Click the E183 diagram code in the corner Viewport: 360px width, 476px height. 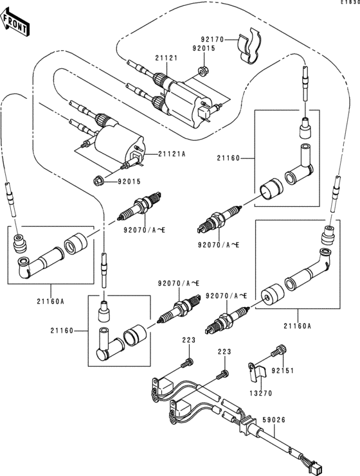pyautogui.click(x=350, y=3)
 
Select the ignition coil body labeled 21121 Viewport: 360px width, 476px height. pyautogui.click(x=186, y=100)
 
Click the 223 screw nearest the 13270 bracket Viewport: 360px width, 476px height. pyautogui.click(x=222, y=373)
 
